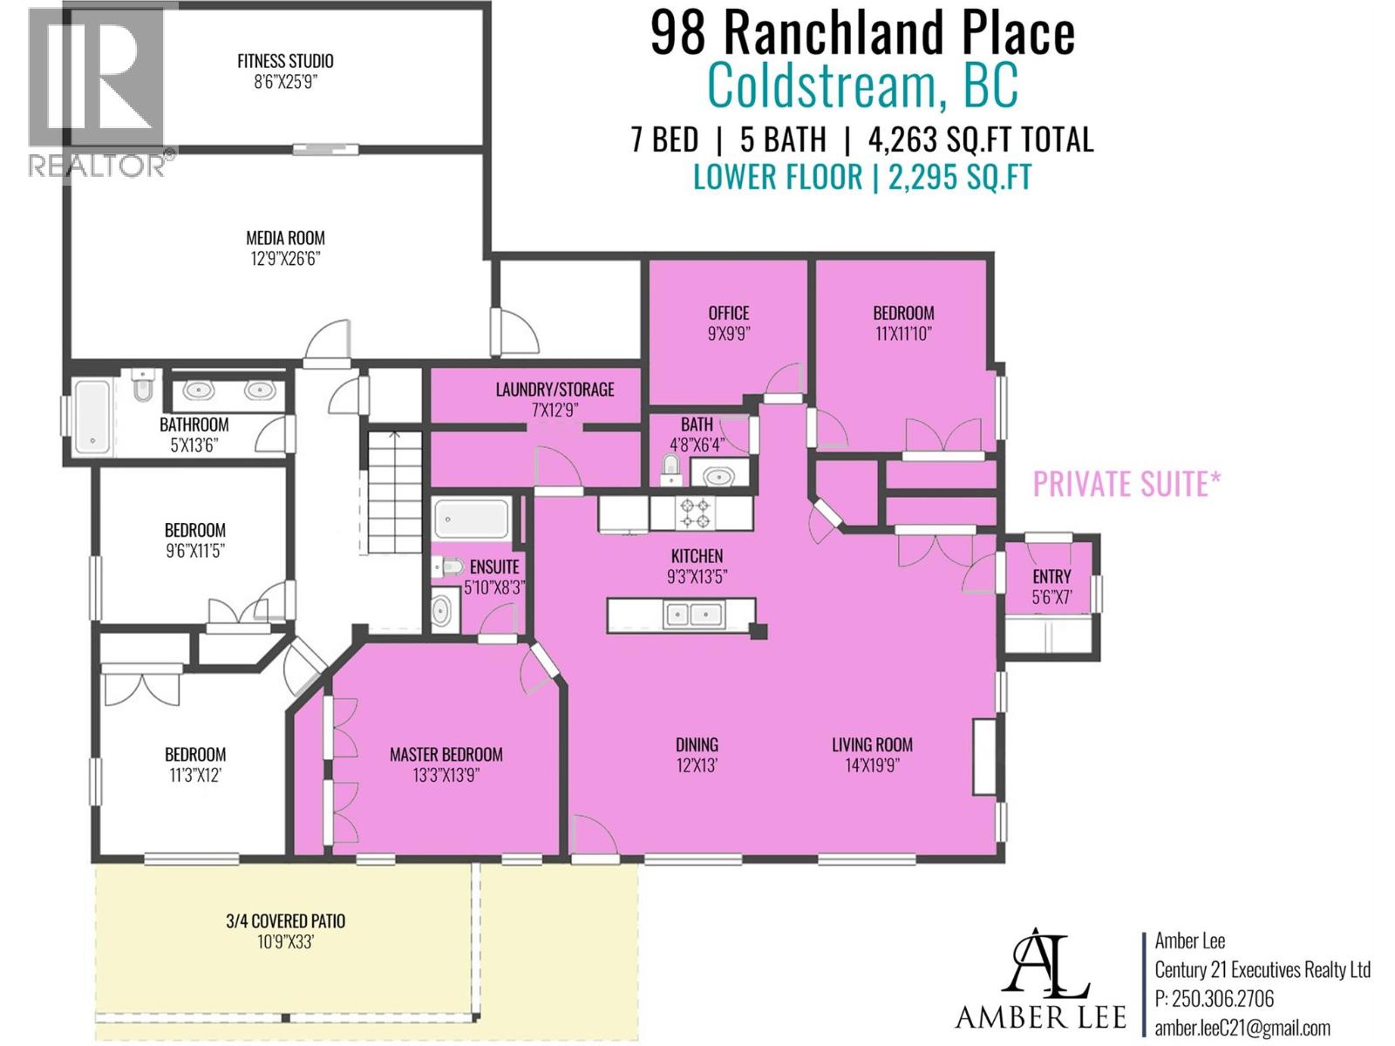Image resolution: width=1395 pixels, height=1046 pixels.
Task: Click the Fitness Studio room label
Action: pyautogui.click(x=285, y=61)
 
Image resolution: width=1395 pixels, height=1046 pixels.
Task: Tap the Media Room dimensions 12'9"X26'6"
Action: pyautogui.click(x=285, y=259)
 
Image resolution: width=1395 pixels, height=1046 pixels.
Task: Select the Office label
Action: pyautogui.click(x=728, y=313)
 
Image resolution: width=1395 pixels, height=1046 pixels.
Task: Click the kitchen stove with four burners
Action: pyautogui.click(x=695, y=513)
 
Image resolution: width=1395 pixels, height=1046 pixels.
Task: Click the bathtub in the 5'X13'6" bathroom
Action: pyautogui.click(x=92, y=418)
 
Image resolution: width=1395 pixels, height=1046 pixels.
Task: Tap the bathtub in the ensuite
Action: pyautogui.click(x=471, y=519)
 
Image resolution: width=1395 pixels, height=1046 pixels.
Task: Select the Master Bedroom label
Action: pyautogui.click(x=446, y=754)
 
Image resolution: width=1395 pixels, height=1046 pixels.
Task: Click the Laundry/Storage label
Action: pyautogui.click(x=555, y=390)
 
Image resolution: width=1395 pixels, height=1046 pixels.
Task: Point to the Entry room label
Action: pyautogui.click(x=1051, y=576)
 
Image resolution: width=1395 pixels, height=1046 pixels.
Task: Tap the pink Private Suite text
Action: pyautogui.click(x=1126, y=484)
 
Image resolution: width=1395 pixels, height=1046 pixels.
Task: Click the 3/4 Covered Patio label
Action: pyautogui.click(x=285, y=920)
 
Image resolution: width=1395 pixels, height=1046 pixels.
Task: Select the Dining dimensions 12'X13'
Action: pyautogui.click(x=697, y=765)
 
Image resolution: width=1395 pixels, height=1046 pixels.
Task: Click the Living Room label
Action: pyautogui.click(x=872, y=744)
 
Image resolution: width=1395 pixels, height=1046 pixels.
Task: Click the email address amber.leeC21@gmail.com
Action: pyautogui.click(x=1242, y=1029)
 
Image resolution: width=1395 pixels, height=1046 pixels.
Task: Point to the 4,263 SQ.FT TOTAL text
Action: pyautogui.click(x=980, y=139)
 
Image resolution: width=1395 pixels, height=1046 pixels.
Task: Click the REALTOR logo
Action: pyautogui.click(x=98, y=92)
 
